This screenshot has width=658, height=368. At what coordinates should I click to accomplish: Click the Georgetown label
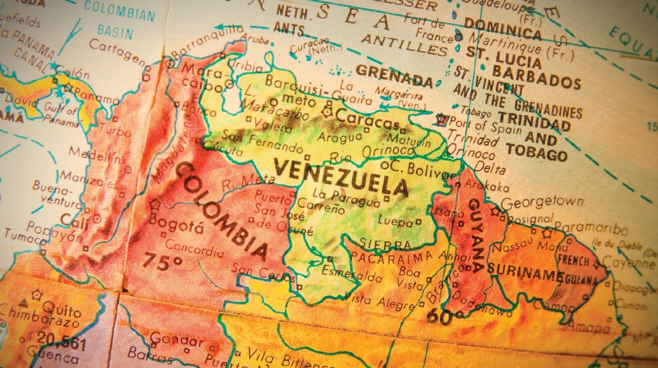tap(542, 202)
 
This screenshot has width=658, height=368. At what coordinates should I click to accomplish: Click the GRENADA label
tap(394, 75)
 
